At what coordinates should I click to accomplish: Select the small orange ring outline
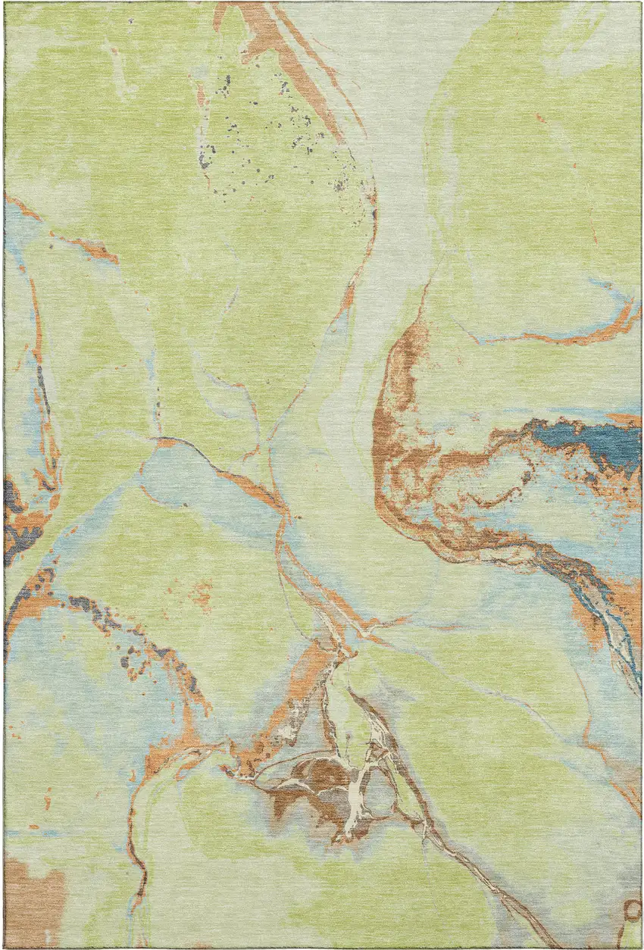coord(631,909)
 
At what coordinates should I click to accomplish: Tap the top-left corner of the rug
coord(5,3)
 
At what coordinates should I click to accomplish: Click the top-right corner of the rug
coord(640,3)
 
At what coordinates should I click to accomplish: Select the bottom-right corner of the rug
coord(640,947)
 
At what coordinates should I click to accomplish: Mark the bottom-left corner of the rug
coord(5,947)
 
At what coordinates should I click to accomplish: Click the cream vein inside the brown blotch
coord(356,795)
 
